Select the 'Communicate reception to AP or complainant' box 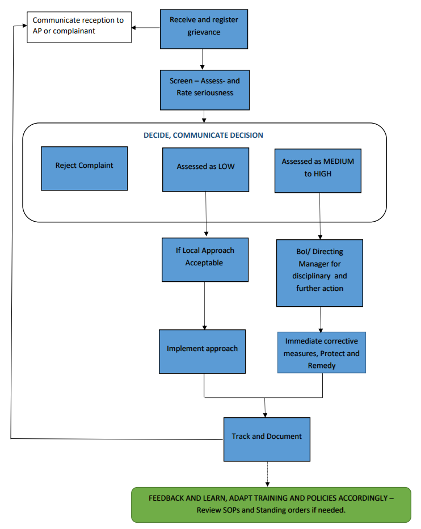[x=79, y=26]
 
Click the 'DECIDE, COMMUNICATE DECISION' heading [x=203, y=135]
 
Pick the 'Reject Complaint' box [x=84, y=168]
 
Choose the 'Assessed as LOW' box [x=205, y=170]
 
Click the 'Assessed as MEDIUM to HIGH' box [x=318, y=170]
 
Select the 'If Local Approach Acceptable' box [x=204, y=260]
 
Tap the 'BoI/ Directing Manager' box [x=319, y=273]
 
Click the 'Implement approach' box [x=202, y=351]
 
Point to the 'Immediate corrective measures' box [x=322, y=352]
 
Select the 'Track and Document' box [x=267, y=439]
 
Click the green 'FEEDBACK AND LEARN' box [x=271, y=504]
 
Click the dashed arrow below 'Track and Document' [x=266, y=473]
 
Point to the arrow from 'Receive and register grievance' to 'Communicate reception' [x=147, y=27]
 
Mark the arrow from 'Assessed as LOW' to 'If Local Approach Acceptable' [x=205, y=214]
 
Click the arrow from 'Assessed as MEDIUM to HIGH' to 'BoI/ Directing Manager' [x=320, y=215]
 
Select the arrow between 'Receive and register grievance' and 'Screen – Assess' [x=203, y=59]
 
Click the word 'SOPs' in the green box [x=238, y=510]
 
